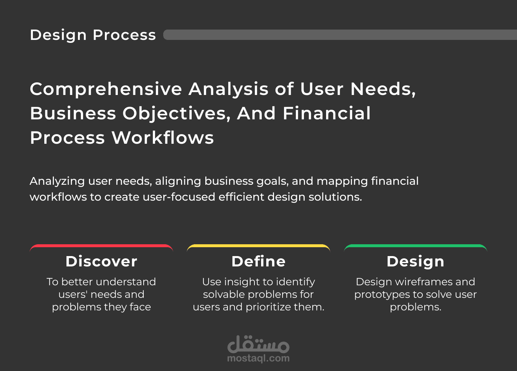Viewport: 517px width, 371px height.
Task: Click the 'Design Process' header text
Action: (x=93, y=35)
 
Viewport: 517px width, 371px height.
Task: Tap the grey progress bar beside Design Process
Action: (x=340, y=35)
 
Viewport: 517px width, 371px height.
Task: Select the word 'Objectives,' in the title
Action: (x=177, y=114)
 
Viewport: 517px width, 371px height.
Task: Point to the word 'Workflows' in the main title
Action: (x=163, y=138)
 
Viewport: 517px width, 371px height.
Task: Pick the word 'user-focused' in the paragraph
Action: (x=179, y=197)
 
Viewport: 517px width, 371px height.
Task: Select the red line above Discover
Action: (x=101, y=246)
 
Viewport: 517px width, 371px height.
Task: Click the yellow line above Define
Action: (x=258, y=246)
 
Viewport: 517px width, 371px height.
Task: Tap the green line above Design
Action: (x=415, y=246)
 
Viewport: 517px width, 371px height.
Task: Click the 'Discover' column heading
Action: (x=101, y=262)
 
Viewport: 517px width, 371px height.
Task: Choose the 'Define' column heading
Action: (x=258, y=262)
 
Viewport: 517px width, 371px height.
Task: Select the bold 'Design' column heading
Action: (x=415, y=262)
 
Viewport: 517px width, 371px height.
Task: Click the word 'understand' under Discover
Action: (x=126, y=282)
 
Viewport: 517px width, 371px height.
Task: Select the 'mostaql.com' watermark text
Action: (x=258, y=358)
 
